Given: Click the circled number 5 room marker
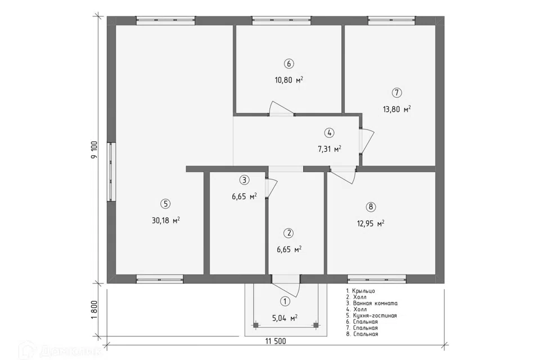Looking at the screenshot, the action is (x=165, y=204).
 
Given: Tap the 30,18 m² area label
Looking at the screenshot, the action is (x=165, y=220).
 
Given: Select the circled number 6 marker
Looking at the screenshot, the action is (x=289, y=64).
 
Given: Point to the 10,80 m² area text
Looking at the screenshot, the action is (x=289, y=80).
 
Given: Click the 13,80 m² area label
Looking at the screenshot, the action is (x=397, y=109).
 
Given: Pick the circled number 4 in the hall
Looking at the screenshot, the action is (x=329, y=133).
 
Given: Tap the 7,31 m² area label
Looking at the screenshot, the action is (x=329, y=149).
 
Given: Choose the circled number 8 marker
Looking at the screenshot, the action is (x=371, y=206).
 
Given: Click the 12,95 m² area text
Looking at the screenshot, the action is (x=371, y=223).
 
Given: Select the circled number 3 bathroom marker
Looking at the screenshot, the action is (x=244, y=180).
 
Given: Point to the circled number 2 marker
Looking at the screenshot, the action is (x=289, y=233).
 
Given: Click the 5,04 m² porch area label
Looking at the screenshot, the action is (x=285, y=318).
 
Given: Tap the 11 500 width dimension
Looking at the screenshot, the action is (x=276, y=341).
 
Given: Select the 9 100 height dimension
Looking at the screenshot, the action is (x=94, y=150).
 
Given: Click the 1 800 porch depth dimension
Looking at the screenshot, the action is (x=94, y=310).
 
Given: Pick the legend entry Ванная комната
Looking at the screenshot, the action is (x=372, y=304).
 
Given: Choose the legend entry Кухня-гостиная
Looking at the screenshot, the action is (x=372, y=316).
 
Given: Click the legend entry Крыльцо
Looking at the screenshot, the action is (x=361, y=291).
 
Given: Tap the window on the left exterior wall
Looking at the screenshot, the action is (x=111, y=171).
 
